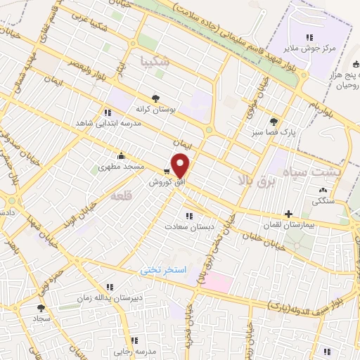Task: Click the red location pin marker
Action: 181,166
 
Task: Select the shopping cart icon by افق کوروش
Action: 167,171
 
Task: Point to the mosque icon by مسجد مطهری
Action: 121,156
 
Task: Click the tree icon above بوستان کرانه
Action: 155,99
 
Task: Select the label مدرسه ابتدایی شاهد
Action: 104,122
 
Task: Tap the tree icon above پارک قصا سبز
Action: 273,120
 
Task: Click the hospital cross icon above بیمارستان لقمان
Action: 288,213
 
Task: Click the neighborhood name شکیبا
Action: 155,60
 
